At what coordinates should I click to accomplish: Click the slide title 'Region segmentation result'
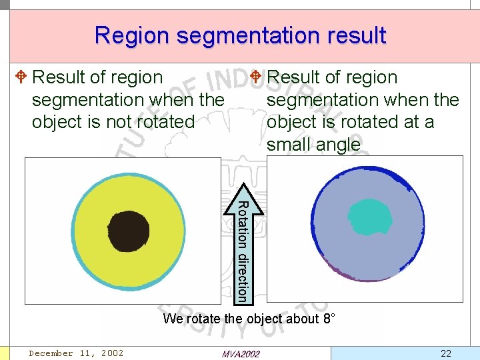[240, 35]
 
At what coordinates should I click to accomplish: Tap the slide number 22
[447, 352]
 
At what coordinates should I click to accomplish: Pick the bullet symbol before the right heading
[255, 77]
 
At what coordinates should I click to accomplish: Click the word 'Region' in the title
[132, 35]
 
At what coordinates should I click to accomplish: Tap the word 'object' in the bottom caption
[265, 319]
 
